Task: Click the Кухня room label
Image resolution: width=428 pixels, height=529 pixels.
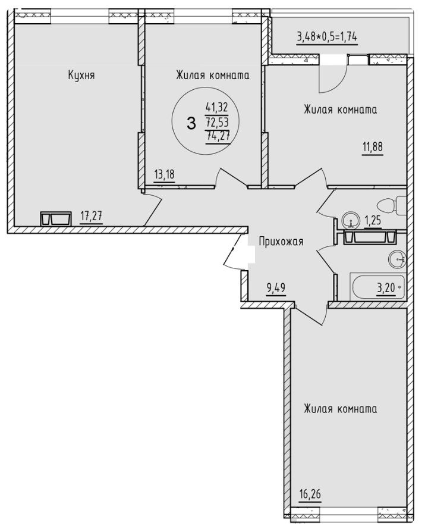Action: coord(81,75)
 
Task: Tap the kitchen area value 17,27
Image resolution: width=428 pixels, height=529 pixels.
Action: coord(92,215)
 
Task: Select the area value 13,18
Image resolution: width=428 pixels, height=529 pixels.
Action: coord(164,174)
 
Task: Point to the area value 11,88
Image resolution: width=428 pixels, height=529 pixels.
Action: coord(373,147)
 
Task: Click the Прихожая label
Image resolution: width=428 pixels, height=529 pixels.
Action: coord(281,242)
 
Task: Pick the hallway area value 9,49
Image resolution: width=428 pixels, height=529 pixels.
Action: coord(276,288)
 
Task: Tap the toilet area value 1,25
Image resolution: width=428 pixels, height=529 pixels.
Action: coord(373,220)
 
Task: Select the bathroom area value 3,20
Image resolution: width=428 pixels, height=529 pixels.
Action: coord(386,288)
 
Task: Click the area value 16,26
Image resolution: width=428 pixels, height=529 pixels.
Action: coord(310,494)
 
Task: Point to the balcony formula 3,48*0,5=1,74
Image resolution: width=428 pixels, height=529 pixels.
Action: coord(326,36)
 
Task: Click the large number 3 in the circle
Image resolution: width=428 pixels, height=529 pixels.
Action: coord(191,124)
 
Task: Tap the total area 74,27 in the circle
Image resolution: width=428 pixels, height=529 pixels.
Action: coord(218,137)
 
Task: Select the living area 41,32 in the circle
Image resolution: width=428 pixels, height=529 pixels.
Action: coord(217,107)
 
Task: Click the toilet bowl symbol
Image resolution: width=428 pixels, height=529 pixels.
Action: coord(392,205)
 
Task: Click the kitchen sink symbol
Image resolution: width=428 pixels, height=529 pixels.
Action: coord(56,218)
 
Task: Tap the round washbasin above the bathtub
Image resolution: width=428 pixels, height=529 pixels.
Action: coord(397,259)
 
